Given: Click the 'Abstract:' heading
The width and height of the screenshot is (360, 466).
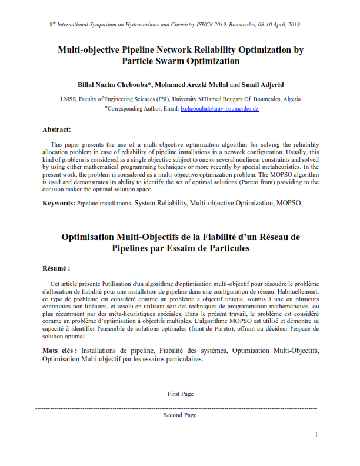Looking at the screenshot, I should click(56, 129).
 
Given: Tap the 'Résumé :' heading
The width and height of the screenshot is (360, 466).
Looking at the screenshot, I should click(57, 267).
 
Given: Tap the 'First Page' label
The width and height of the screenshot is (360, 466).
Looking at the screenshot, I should click(180, 394).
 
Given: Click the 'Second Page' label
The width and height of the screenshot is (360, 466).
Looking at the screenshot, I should click(180, 415).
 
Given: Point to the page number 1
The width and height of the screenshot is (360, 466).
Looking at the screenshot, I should click(316, 434).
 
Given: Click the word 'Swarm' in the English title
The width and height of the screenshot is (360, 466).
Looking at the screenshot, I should click(168, 61).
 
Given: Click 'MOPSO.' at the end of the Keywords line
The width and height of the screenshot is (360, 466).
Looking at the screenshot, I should click(289, 203).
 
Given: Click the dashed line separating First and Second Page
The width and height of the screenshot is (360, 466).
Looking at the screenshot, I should click(176, 408).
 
